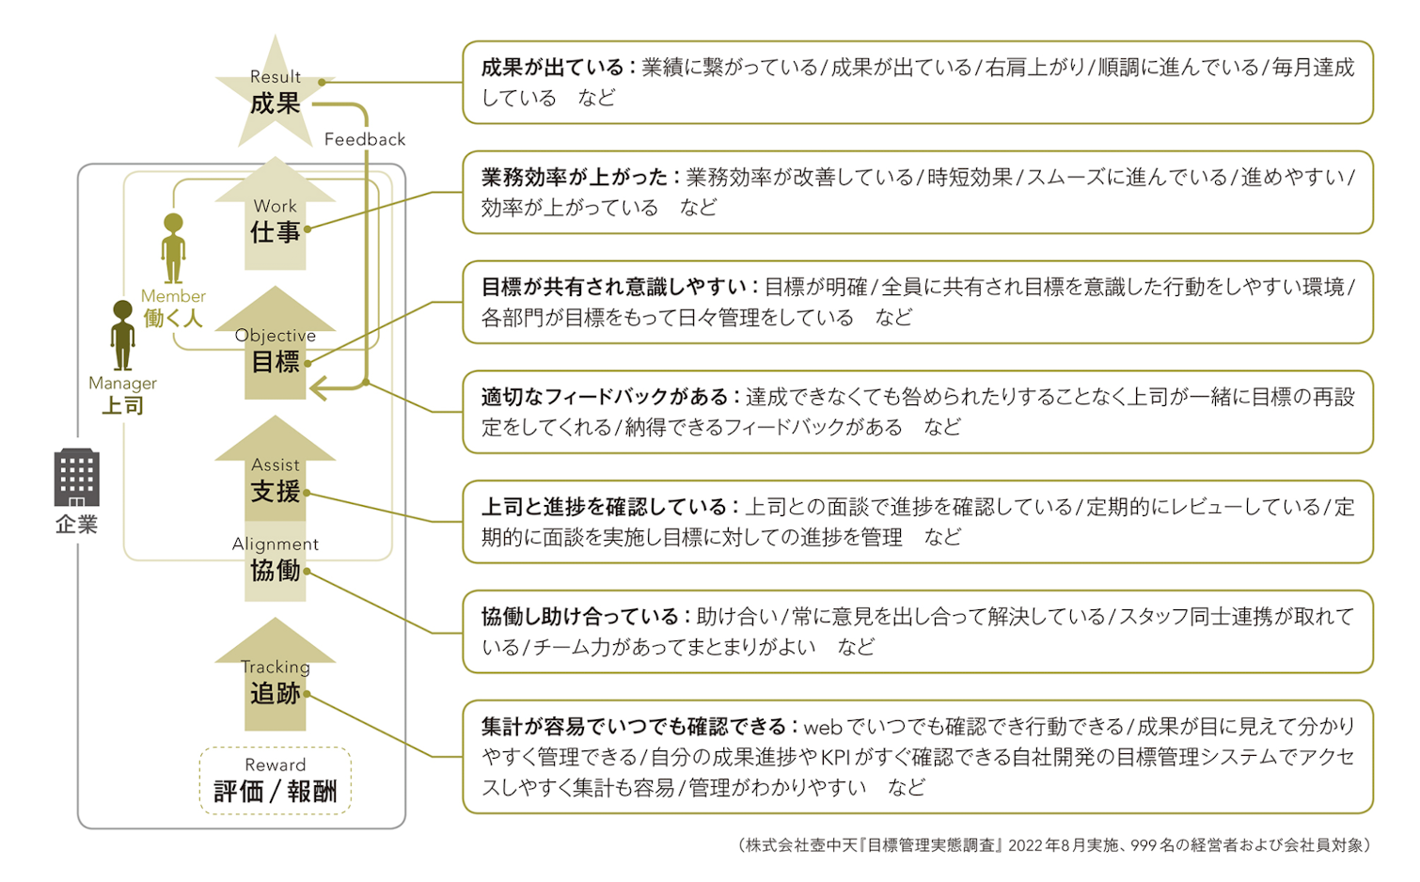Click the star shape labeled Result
point(275,94)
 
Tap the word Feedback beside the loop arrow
point(365,139)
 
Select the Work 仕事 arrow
point(275,221)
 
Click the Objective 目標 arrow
point(275,350)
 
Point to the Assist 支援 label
point(275,480)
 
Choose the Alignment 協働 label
point(275,559)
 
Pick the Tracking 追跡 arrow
point(275,682)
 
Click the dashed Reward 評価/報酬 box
point(275,780)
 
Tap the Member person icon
point(173,248)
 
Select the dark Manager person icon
point(122,335)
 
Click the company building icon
point(76,478)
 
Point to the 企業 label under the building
point(76,525)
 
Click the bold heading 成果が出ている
point(553,68)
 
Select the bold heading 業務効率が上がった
point(575,178)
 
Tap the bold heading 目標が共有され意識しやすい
point(614,288)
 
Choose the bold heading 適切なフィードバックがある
point(605,398)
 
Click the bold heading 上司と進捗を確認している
point(605,508)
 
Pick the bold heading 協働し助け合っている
point(580,618)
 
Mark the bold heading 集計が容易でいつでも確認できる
point(634,727)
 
